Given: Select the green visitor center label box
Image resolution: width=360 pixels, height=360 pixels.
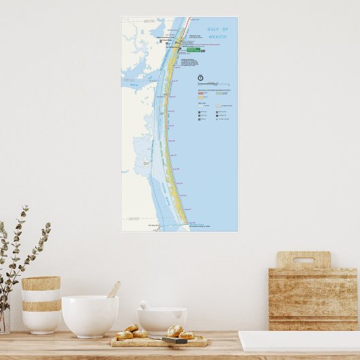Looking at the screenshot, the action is tap(193, 48).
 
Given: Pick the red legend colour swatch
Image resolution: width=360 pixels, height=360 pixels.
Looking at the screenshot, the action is tap(201, 93).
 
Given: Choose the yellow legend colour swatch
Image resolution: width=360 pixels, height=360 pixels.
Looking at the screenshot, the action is tap(201, 98).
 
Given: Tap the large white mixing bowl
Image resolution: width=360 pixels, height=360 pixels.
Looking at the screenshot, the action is tap(90, 316).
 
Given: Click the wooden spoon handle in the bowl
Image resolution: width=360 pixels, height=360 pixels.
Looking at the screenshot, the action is tap(113, 289).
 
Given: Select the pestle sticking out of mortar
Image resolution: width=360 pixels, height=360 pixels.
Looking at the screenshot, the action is tap(145, 305).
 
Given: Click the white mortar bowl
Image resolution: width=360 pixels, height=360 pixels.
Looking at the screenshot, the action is tap(161, 319).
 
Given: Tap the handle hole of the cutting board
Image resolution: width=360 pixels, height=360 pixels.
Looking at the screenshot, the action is tap(303, 259).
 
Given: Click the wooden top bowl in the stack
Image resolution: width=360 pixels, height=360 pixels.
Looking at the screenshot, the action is tap(41, 283).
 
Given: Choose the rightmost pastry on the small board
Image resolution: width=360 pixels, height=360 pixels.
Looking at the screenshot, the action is tap(186, 334).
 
